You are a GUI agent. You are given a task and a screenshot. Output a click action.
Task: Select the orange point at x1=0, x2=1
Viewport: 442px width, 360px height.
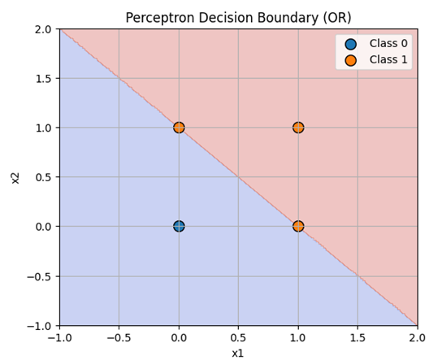(x=179, y=128)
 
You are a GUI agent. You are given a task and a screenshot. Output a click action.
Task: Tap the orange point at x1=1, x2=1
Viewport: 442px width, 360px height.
(x=298, y=128)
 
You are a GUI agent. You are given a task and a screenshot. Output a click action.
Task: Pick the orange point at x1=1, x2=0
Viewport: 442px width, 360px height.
(x=298, y=226)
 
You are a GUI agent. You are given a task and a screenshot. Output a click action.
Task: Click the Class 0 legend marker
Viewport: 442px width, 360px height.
(x=351, y=44)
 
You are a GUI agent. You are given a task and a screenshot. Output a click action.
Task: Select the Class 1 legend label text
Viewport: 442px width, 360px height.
(x=388, y=60)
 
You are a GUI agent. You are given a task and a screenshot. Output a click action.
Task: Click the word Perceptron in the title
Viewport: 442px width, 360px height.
(x=160, y=18)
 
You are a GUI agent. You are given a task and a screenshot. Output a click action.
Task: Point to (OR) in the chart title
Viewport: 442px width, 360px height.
(x=337, y=18)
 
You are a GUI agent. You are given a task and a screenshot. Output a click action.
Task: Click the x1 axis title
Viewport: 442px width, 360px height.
(x=237, y=353)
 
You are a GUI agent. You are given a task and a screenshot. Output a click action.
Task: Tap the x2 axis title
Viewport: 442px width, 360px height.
(x=15, y=178)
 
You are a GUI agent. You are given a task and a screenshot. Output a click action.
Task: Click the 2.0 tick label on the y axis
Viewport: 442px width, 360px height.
(x=43, y=29)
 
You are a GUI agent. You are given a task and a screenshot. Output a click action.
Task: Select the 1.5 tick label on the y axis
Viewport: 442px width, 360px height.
(x=43, y=79)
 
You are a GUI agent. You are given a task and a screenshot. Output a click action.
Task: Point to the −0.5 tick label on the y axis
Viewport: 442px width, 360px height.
(x=39, y=276)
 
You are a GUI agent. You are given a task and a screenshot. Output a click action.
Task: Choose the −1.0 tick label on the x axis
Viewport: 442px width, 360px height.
(x=60, y=337)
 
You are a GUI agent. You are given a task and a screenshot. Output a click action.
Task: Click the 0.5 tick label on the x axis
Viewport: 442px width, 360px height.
(x=239, y=337)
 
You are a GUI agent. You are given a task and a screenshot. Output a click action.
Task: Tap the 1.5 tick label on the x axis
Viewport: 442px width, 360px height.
(x=357, y=337)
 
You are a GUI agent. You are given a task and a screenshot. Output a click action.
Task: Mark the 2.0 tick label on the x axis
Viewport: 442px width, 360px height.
(x=417, y=337)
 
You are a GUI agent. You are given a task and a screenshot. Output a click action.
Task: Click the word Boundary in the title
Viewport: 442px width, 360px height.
(x=288, y=18)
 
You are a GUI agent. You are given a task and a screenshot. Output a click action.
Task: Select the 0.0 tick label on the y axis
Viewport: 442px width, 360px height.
(x=43, y=227)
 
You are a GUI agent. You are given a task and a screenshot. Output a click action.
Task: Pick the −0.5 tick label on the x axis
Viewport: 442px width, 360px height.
(x=119, y=337)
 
